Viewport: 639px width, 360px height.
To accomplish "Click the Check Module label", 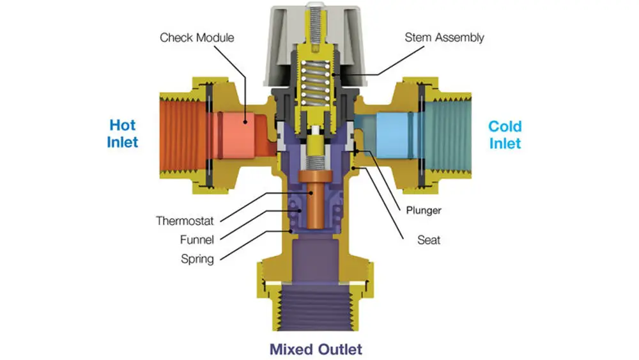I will point(196,37).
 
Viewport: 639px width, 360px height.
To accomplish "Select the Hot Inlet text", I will point(122,133).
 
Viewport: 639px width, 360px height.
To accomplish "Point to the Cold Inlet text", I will point(505,134).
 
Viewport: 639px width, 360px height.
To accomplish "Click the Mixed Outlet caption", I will point(315,349).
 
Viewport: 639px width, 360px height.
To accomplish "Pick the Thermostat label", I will point(185,221).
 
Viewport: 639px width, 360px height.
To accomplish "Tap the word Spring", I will point(197,259).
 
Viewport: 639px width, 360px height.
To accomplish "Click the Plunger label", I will point(423,210).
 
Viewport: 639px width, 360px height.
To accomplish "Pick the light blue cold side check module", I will point(394,131).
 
